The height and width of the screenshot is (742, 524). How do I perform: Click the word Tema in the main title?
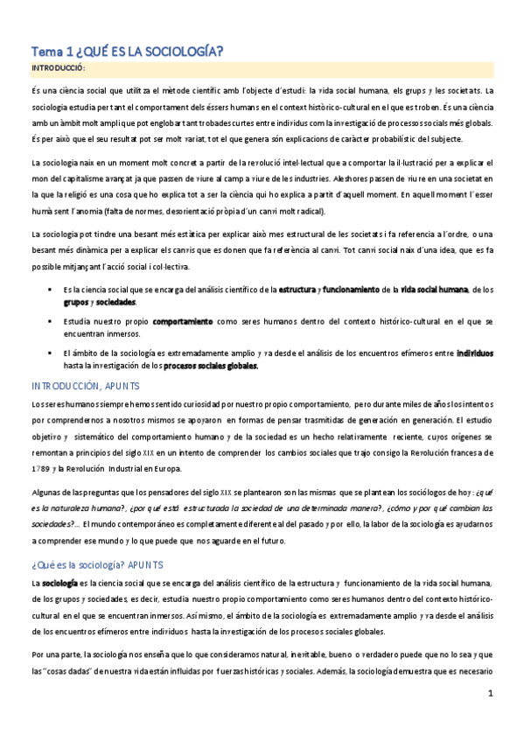coord(45,51)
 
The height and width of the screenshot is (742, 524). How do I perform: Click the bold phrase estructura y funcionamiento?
coord(329,290)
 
